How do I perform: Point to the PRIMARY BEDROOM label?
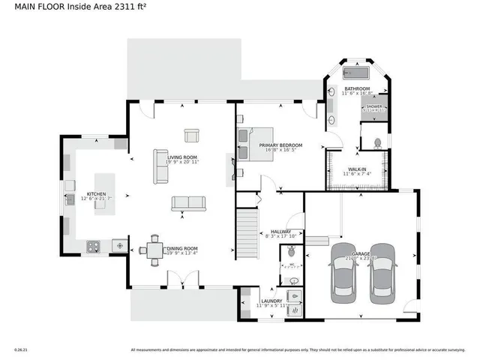point(280,145)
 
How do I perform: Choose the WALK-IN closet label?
point(356,169)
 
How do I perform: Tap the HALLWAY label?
point(280,232)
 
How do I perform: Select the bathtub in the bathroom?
point(355,73)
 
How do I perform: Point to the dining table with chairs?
point(154,250)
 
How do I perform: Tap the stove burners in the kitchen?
point(94,244)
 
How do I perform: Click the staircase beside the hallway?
point(248,233)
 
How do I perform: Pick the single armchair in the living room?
point(190,136)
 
